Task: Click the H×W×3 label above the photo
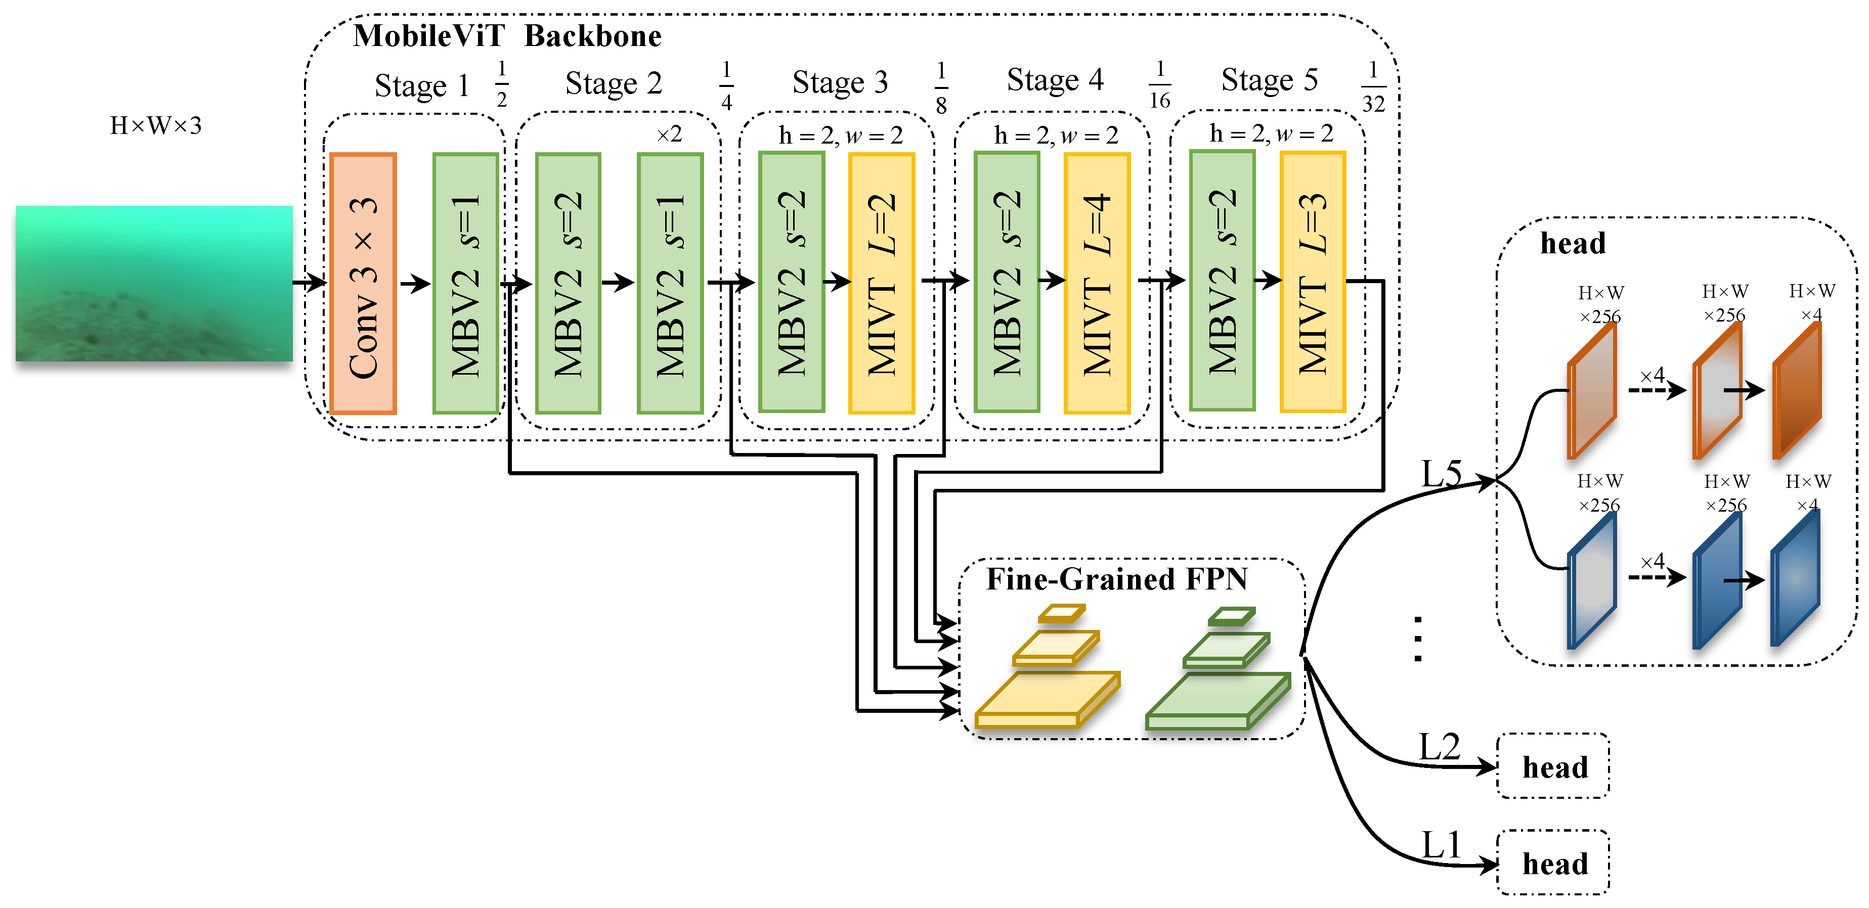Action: coord(155,125)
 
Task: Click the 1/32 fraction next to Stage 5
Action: coord(1373,87)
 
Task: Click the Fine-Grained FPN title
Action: coord(1116,579)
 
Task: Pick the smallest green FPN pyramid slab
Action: coord(1231,616)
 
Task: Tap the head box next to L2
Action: coord(1553,766)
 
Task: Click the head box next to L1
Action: coord(1553,863)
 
